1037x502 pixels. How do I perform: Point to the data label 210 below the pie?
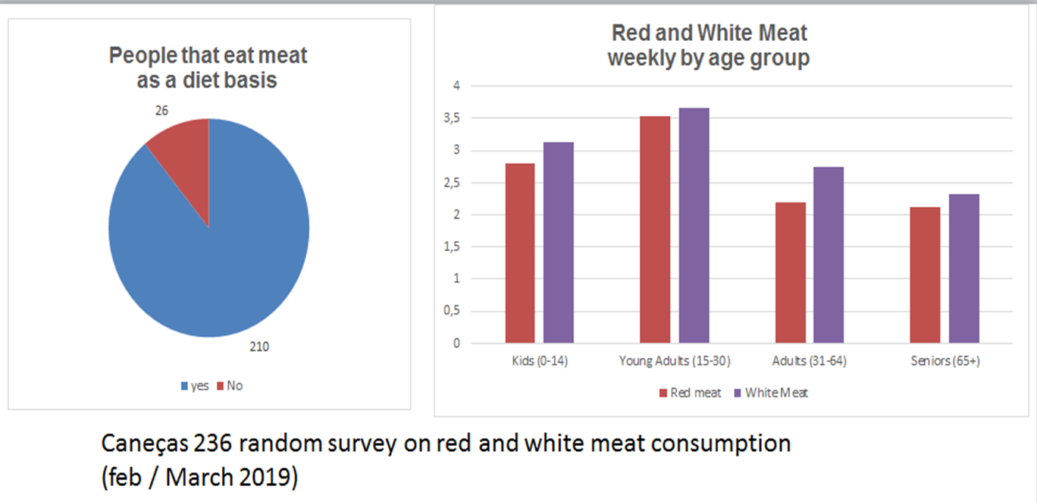pos(259,347)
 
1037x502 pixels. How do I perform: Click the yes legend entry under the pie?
pos(195,386)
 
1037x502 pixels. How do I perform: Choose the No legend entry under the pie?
pos(230,386)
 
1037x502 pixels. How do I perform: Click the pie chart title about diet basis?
pos(208,67)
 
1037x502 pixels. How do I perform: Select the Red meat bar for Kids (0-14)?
pos(520,253)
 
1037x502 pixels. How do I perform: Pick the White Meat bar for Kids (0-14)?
pos(559,243)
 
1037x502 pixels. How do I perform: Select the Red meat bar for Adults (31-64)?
pos(790,273)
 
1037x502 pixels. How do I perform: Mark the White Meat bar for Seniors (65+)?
pos(963,268)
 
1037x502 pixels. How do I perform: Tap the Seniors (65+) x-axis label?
pos(945,362)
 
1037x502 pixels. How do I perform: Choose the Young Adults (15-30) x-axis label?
pos(675,362)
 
